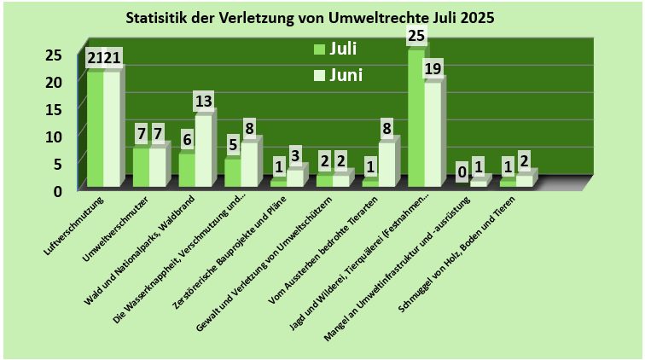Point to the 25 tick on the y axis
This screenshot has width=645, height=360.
(x=53, y=55)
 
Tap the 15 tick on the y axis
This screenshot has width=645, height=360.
(x=53, y=109)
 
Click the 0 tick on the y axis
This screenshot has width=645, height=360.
(x=58, y=189)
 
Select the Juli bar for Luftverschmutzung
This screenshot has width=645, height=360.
(x=95, y=128)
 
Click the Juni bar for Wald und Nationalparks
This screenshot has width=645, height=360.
(x=203, y=150)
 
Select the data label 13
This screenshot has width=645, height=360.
(x=203, y=102)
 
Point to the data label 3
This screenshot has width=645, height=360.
(x=294, y=155)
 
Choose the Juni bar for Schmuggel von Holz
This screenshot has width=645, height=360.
(x=524, y=180)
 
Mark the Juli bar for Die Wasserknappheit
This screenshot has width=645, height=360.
(x=232, y=172)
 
